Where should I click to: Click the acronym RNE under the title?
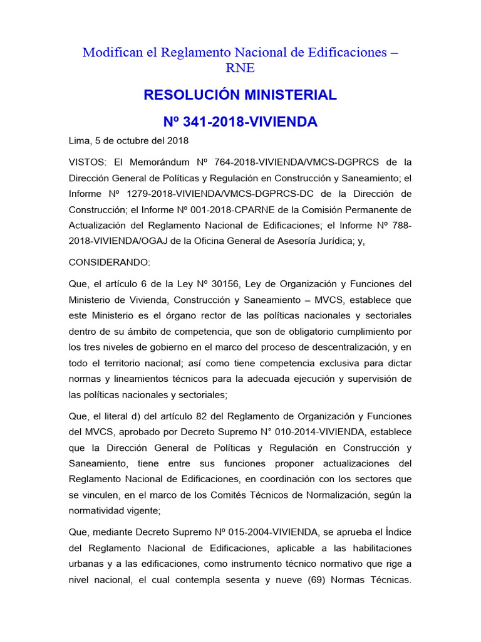tap(240, 68)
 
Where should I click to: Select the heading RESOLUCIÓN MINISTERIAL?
tap(240, 95)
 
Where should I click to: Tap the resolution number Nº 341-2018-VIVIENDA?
tap(240, 122)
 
